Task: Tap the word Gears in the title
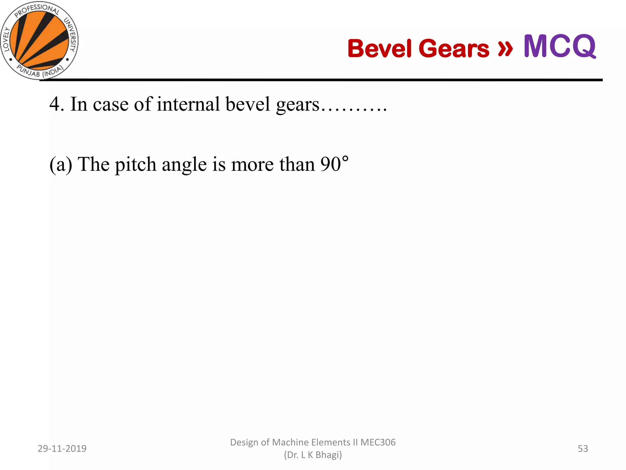point(454,48)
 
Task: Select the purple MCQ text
point(560,46)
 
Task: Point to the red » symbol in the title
point(505,48)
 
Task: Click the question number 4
point(54,104)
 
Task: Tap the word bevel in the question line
point(248,104)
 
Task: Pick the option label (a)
point(61,165)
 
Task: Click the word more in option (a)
point(252,165)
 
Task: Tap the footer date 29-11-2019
point(62,449)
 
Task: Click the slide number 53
point(583,449)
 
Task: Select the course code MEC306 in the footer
point(378,442)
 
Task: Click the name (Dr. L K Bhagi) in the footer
point(313,455)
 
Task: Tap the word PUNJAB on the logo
point(28,71)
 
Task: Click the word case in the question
point(111,104)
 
